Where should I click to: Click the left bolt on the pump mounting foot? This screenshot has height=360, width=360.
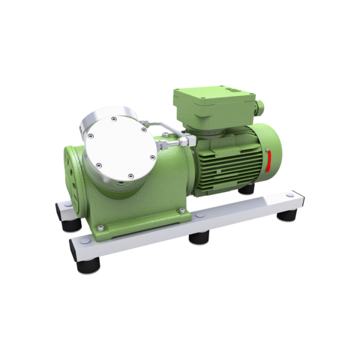click(99, 227)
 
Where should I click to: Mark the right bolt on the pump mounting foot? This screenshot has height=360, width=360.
click(182, 212)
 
